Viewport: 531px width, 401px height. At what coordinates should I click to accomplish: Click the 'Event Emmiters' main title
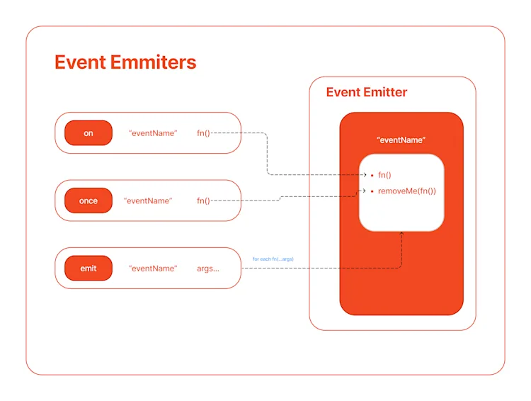pos(125,62)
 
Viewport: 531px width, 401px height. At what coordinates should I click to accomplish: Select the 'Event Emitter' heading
pos(366,92)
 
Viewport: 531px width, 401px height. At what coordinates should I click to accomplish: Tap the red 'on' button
pos(88,133)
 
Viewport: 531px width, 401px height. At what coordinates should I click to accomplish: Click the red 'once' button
pos(88,200)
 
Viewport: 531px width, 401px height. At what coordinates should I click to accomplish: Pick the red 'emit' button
pos(88,269)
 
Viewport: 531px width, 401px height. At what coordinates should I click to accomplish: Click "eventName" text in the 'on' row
pos(153,133)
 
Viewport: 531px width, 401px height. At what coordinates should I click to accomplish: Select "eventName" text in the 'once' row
pos(148,200)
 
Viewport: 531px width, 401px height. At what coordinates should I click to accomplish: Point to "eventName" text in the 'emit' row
pos(153,269)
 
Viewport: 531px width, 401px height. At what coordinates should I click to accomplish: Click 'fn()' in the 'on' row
pos(204,133)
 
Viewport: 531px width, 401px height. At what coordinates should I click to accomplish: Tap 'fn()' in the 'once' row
pos(204,200)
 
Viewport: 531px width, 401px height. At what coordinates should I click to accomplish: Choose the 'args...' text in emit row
pos(208,269)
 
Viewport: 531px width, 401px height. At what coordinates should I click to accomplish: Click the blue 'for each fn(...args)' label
pos(273,259)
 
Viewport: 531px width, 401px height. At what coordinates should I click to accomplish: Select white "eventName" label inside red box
pos(401,140)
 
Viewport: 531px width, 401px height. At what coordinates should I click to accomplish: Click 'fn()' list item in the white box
pos(384,174)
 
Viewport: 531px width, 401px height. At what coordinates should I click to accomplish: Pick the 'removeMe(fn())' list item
pos(407,191)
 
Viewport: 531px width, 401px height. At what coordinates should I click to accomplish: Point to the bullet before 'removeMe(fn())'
pos(372,191)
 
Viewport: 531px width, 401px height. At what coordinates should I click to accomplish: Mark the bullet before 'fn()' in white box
pos(372,174)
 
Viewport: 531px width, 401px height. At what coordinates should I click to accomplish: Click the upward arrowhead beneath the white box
pos(402,234)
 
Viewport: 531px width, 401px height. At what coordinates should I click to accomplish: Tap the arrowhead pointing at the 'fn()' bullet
pos(364,174)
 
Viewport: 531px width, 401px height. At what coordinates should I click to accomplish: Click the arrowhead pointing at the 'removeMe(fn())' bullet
pos(364,191)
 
